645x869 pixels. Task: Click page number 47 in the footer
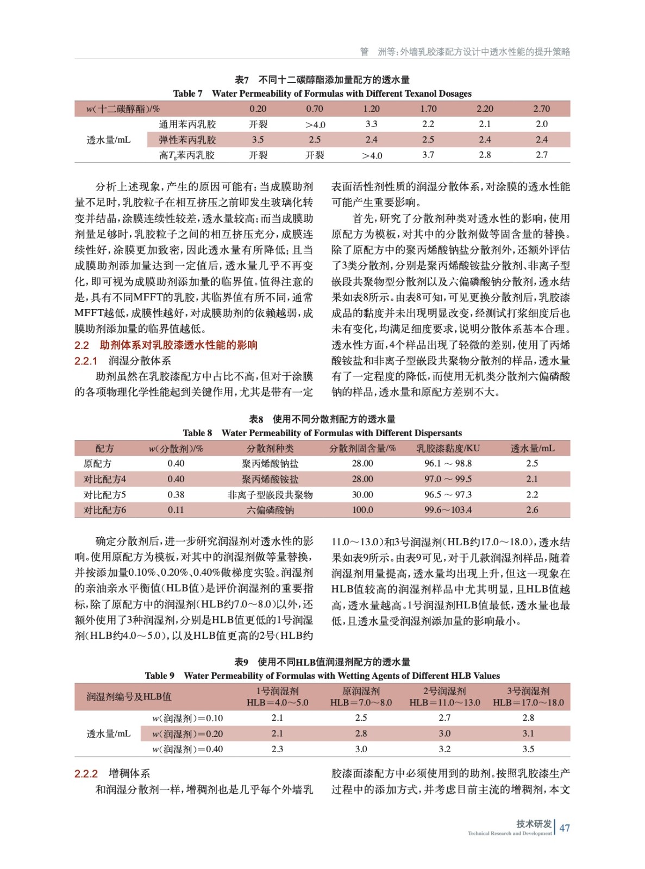pos(565,828)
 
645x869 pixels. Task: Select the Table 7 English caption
pos(322,93)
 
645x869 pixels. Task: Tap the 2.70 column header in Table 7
pos(541,109)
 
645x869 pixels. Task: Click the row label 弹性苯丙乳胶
pos(187,140)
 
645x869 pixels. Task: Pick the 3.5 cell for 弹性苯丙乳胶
pos(258,140)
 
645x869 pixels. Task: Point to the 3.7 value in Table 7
pos(428,155)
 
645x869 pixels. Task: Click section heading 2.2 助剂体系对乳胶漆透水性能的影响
pos(166,345)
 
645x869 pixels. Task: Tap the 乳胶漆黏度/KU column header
pos(448,448)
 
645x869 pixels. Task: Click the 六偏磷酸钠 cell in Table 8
pos(270,510)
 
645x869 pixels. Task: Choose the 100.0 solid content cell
pos(362,510)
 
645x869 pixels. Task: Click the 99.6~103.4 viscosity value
pos(448,510)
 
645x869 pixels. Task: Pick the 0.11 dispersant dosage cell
pos(176,510)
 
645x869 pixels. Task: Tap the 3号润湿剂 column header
pos(528,691)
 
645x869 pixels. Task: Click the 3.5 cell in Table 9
pos(528,749)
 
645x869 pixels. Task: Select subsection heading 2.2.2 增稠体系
pos(112,773)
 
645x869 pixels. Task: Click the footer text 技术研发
pos(534,823)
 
